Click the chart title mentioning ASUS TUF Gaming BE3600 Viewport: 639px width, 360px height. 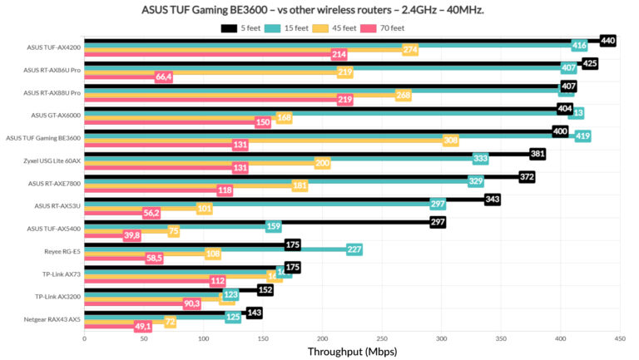coord(319,9)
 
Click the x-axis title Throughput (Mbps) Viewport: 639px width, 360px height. coord(352,351)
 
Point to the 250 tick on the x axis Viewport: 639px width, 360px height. coord(382,338)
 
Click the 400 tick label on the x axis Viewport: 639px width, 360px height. coord(560,338)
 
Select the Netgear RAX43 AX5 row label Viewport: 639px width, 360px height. coord(52,319)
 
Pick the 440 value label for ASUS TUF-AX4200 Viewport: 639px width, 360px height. coord(607,40)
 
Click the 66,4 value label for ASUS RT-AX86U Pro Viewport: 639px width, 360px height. coord(163,77)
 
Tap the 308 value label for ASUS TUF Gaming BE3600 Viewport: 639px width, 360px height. coord(451,141)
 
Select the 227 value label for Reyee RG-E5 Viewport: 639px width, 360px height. coord(354,249)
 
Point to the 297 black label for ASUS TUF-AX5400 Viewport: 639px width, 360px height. coord(438,222)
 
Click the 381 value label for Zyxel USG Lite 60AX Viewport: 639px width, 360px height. coord(537,154)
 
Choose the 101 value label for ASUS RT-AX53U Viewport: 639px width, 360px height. coord(205,208)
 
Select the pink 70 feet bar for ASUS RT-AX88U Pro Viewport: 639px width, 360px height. coord(208,100)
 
